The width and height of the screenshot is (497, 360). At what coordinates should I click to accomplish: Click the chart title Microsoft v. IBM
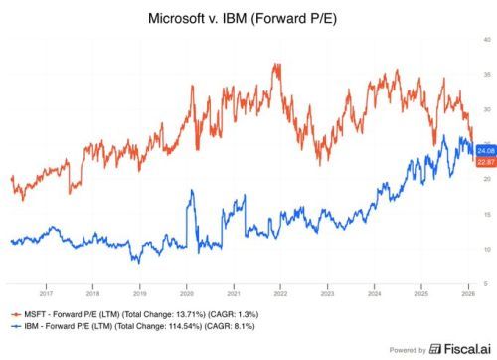click(x=248, y=19)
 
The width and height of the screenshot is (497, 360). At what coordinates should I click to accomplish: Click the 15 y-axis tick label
click(x=486, y=214)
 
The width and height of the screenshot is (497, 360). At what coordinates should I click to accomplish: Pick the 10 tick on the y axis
click(x=486, y=249)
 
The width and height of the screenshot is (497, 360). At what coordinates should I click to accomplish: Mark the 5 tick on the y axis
click(x=486, y=283)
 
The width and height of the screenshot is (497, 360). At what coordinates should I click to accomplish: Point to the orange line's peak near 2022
click(x=275, y=65)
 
